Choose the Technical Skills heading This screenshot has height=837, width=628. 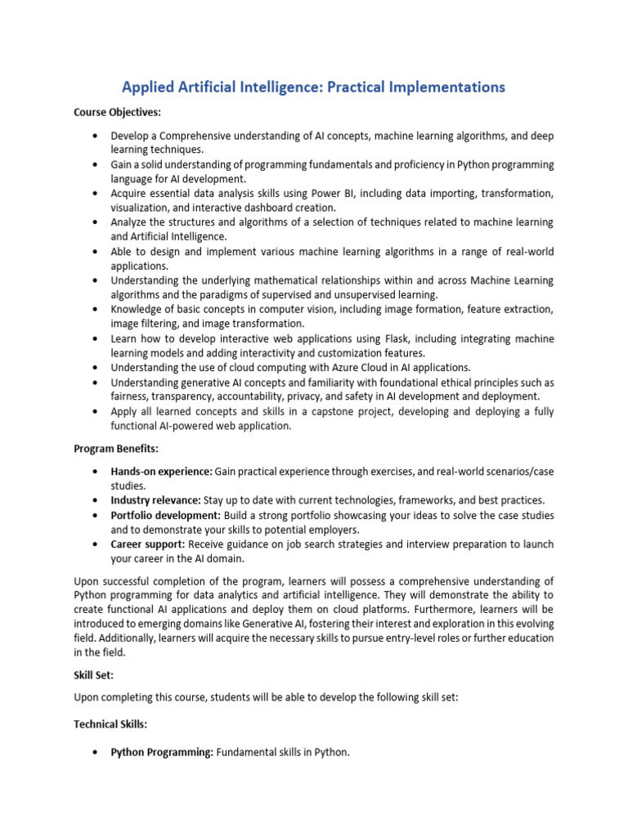coord(110,724)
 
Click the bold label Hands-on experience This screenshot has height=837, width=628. coord(161,472)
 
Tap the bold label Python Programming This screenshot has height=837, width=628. coord(162,752)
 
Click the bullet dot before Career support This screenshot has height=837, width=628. coord(96,544)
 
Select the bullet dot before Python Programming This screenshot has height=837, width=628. coord(96,752)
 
